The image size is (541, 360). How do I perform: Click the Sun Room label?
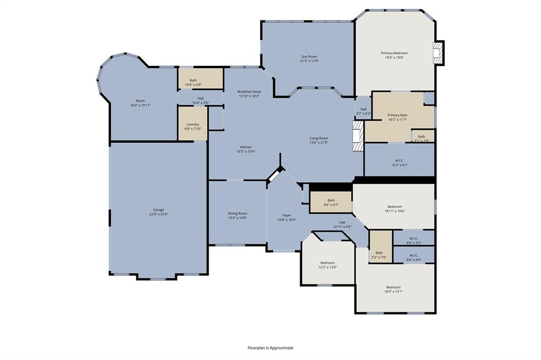click(309, 56)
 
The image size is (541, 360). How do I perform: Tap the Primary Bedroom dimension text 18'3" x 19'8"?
click(394, 58)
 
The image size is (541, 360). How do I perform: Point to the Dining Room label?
click(237, 213)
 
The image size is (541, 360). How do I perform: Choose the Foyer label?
click(286, 215)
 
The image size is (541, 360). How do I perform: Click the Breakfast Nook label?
click(249, 91)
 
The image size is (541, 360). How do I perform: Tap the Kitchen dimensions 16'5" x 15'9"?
click(246, 152)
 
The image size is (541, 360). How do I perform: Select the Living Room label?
click(319, 138)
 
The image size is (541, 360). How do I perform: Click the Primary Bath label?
click(397, 115)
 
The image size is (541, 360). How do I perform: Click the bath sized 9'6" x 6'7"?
click(331, 203)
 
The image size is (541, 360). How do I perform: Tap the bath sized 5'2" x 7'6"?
click(379, 255)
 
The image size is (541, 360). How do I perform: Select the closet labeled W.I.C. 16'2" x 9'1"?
click(399, 163)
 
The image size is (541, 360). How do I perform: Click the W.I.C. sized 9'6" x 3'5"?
click(414, 241)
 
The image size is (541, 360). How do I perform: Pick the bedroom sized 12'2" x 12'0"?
click(328, 265)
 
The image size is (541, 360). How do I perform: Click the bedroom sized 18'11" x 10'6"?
click(395, 209)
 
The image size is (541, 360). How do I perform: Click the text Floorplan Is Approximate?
click(270, 348)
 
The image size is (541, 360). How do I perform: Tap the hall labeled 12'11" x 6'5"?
click(342, 224)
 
